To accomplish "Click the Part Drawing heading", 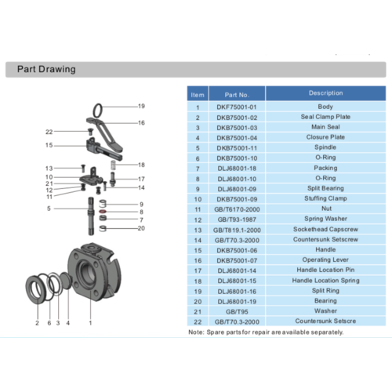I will point(46,69).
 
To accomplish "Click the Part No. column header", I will point(236,94).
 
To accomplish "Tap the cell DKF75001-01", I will point(236,107).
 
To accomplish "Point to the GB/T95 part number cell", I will point(236,310).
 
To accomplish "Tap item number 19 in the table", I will point(198,290).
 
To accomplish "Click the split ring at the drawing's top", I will point(98,108).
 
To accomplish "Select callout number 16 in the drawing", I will point(142,123).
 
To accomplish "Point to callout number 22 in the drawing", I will point(49,132).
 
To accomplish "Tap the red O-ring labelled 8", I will point(103,212).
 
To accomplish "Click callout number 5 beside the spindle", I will point(49,209).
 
